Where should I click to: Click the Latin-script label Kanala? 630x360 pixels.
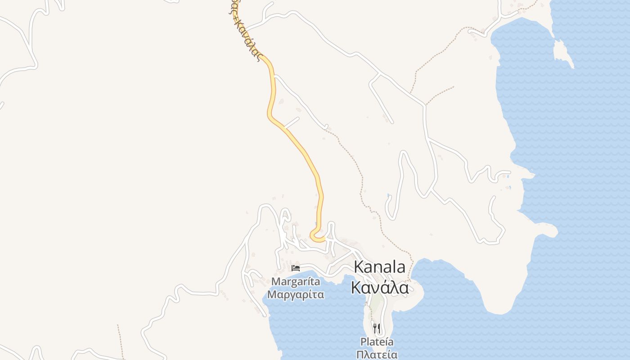379,267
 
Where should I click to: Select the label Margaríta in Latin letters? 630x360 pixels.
296,282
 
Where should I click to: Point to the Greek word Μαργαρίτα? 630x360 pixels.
296,295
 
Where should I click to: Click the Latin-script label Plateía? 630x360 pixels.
377,342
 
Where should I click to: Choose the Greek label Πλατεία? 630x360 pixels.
377,355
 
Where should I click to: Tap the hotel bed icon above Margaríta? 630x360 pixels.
296,268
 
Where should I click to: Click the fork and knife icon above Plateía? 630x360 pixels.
377,328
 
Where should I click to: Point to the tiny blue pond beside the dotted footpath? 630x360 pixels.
388,195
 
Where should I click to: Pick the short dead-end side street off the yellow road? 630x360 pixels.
292,122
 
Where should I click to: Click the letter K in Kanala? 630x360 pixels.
359,267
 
